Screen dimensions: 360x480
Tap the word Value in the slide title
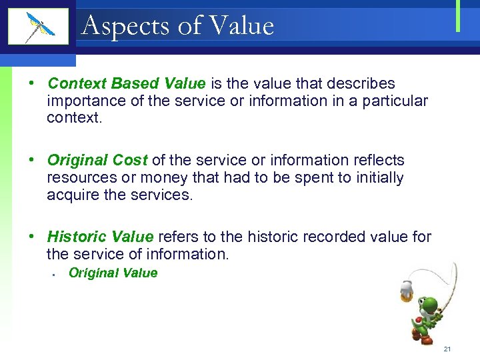241,26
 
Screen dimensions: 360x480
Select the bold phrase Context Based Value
127,84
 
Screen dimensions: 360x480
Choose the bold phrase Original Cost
98,161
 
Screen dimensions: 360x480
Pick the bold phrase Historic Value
101,237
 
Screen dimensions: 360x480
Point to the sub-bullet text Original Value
113,273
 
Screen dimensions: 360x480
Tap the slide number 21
447,349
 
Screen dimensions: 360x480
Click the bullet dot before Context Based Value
31,85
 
